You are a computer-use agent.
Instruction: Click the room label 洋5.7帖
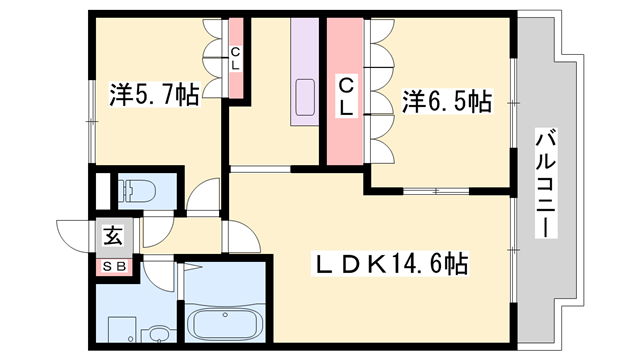click(x=154, y=96)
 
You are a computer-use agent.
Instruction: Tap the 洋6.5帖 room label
click(x=446, y=101)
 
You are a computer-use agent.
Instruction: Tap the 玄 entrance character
click(x=112, y=237)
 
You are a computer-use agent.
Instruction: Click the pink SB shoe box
click(x=112, y=266)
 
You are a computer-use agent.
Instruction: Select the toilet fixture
click(x=135, y=190)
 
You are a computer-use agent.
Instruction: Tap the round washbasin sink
click(x=158, y=332)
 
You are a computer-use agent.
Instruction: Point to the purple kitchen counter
click(x=304, y=75)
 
